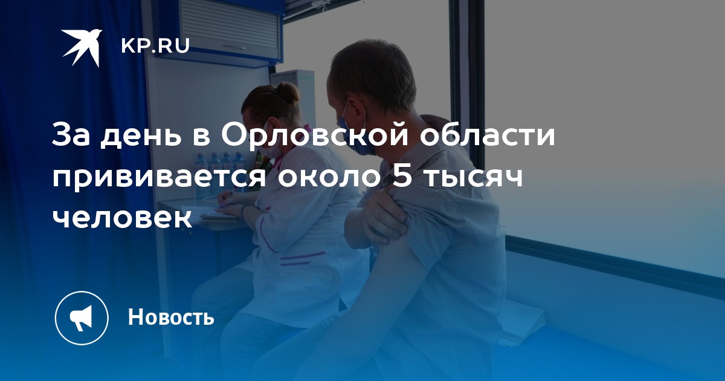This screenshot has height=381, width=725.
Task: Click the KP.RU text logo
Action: [x=155, y=46]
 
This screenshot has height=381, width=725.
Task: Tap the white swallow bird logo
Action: [x=82, y=48]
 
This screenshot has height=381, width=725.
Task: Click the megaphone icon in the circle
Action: [x=81, y=317]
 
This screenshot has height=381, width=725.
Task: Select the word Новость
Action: [x=171, y=316]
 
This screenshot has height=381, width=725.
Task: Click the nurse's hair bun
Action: [x=288, y=92]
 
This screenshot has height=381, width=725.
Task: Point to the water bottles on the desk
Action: [x=220, y=175]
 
